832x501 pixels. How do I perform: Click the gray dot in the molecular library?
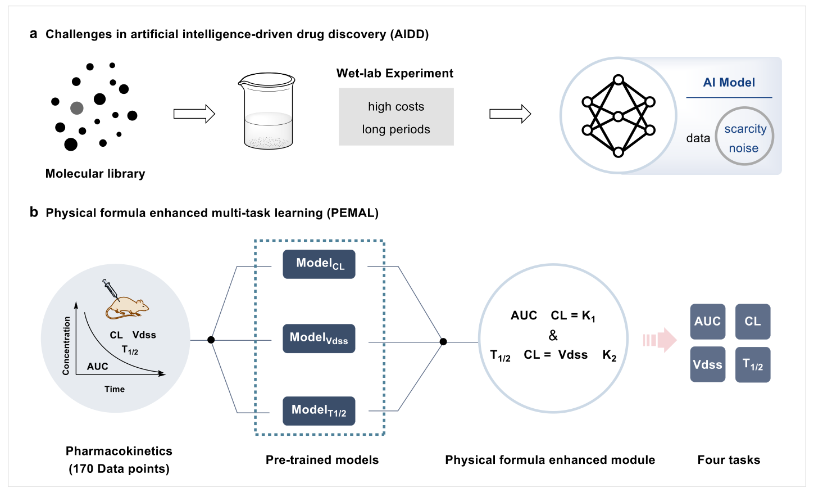point(77,108)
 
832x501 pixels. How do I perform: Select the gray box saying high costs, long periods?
point(396,117)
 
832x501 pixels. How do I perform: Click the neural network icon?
point(618,116)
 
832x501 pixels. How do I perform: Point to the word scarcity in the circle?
point(745,129)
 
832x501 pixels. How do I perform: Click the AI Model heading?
point(729,83)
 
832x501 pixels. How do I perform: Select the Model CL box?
point(319,264)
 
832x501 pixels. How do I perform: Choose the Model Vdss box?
point(319,338)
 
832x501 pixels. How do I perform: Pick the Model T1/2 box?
point(319,411)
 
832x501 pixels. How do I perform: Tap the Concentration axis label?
point(66,345)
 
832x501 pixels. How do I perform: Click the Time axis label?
point(115,389)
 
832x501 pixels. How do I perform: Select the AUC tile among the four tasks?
point(707,322)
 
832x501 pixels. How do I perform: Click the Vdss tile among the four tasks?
point(707,365)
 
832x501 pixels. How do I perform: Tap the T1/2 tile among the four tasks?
point(752,365)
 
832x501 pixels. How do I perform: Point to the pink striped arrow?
point(660,340)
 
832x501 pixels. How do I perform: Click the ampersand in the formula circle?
point(553,336)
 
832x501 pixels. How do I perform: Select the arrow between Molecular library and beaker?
point(194,114)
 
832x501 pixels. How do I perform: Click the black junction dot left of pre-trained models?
point(211,340)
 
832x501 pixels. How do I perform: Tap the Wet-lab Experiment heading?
point(394,74)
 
